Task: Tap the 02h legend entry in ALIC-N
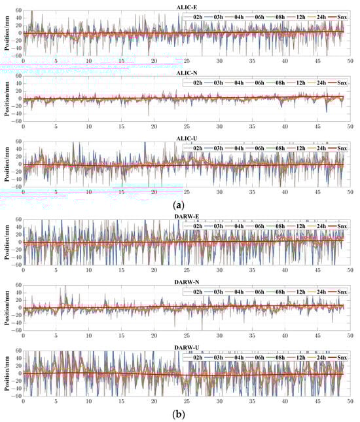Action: (197, 79)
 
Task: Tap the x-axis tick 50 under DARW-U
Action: (350, 401)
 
